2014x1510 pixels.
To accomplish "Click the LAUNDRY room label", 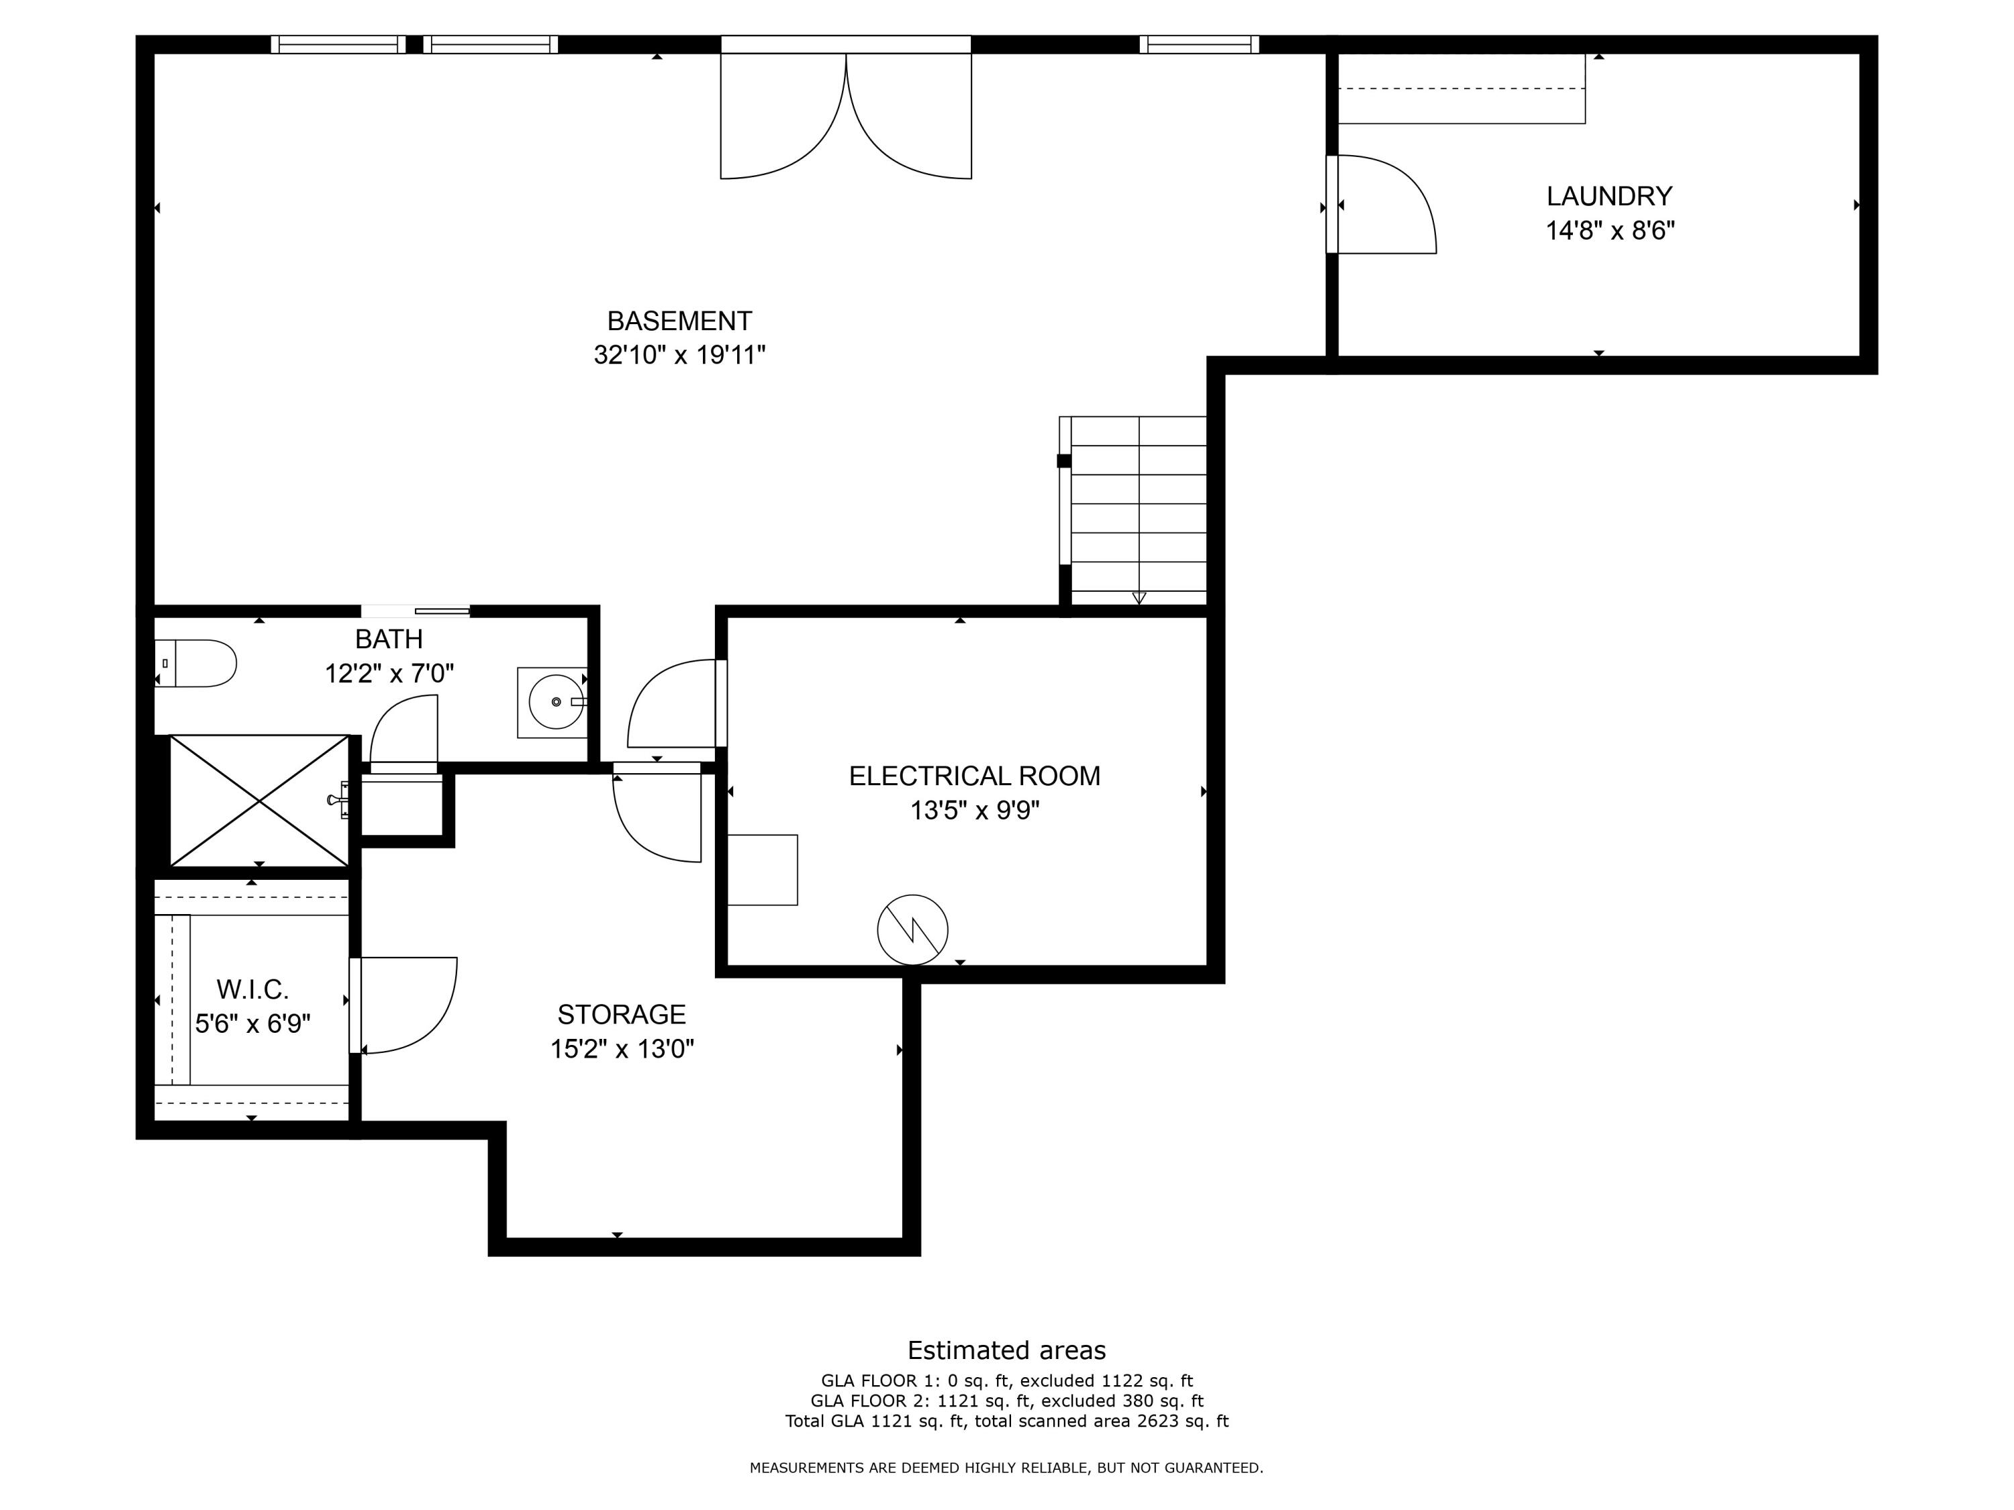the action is tap(1609, 196).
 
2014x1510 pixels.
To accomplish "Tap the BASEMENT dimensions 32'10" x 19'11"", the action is tap(679, 355).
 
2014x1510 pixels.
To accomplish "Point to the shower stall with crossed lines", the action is tap(260, 800).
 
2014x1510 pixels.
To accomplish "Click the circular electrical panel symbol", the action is tap(912, 930).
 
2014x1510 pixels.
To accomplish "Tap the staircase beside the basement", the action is tap(1138, 509).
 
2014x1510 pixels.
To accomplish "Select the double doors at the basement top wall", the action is tap(846, 114).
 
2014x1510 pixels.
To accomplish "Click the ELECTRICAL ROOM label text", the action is tap(974, 776).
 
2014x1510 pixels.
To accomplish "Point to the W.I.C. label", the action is tap(252, 989).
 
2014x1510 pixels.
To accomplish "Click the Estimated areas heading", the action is tap(1006, 1350).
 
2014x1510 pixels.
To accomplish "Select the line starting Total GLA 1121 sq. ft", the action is tap(1007, 1421).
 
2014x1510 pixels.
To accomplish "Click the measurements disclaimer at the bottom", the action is tap(1006, 1467).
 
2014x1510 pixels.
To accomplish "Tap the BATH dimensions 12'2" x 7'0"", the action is tap(389, 674).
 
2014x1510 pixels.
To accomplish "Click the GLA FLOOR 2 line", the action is tap(1007, 1401).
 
